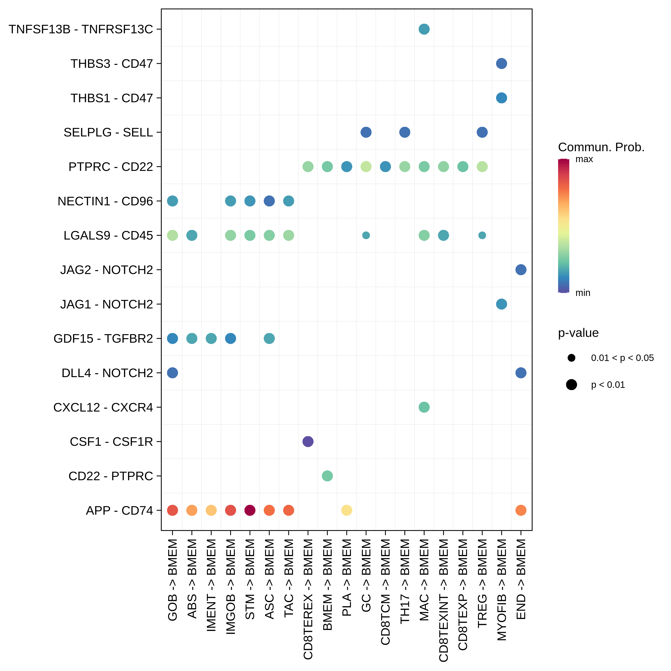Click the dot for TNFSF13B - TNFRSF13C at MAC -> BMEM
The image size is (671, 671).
tap(424, 29)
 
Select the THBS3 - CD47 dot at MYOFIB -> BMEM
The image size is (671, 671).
tap(501, 64)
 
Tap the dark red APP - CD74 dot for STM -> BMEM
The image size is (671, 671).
tap(250, 510)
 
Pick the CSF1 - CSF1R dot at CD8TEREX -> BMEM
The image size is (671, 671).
tap(308, 442)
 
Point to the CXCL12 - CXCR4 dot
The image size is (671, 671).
tap(424, 407)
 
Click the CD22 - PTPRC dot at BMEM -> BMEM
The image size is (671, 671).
tap(327, 476)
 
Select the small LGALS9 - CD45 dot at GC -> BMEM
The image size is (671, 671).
tap(366, 236)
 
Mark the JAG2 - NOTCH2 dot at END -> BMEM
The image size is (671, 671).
tap(521, 270)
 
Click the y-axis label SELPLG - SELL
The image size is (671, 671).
tap(108, 132)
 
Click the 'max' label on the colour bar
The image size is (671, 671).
tap(584, 159)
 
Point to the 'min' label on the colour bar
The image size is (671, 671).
tap(583, 293)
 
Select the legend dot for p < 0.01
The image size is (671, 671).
tap(571, 384)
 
